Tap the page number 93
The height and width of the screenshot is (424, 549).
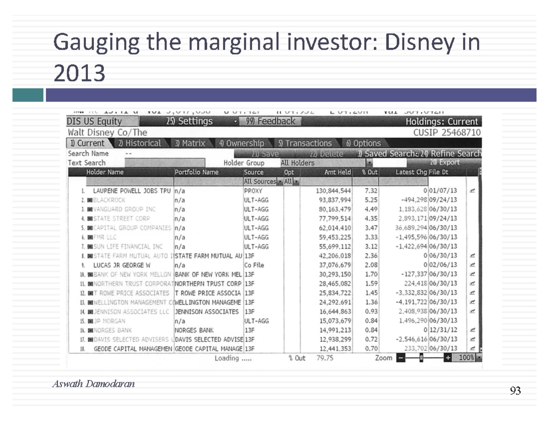(x=515, y=391)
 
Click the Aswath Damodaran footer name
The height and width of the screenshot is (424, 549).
(x=93, y=384)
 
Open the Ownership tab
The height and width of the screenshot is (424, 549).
(x=242, y=143)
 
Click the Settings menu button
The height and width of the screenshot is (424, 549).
(x=189, y=122)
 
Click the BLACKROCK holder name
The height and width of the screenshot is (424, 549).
(x=108, y=200)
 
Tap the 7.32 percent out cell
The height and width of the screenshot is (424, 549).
(x=371, y=191)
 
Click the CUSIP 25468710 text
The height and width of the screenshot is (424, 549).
(x=447, y=133)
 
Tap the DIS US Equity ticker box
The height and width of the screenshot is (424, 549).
(x=95, y=122)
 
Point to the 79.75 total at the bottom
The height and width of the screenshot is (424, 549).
(x=324, y=358)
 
